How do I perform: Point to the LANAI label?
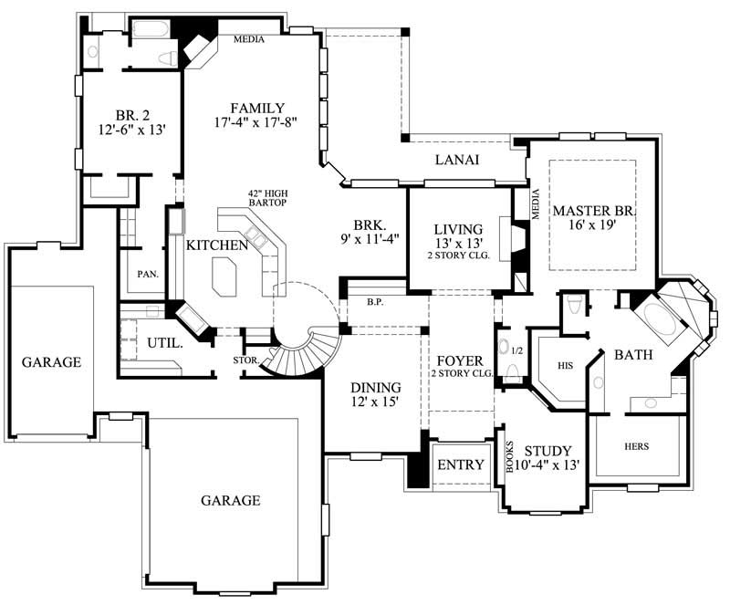(460, 161)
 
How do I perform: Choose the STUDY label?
(548, 451)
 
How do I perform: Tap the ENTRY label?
(461, 464)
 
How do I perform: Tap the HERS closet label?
(637, 448)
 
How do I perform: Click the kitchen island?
(224, 276)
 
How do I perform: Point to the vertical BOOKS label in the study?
(510, 457)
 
